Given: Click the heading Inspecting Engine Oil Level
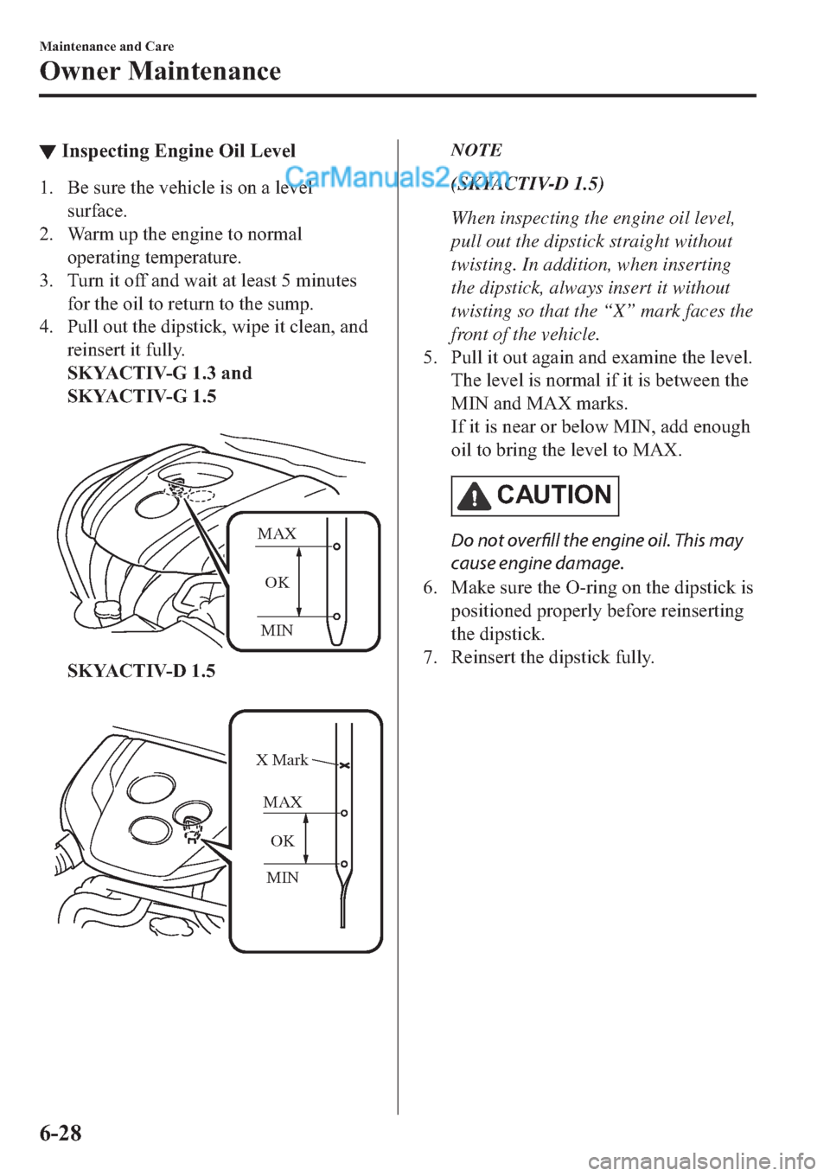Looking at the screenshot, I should [x=178, y=151].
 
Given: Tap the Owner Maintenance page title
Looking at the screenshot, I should [x=160, y=71].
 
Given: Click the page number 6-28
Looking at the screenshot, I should [x=61, y=1132].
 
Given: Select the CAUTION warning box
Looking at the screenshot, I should [x=534, y=495].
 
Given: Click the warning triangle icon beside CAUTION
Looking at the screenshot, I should [x=474, y=496].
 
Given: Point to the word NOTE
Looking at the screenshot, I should [x=476, y=150].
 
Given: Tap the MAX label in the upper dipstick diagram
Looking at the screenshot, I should [x=277, y=534].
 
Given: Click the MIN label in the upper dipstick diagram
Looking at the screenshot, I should [x=277, y=630].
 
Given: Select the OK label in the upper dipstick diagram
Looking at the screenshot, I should [x=277, y=582].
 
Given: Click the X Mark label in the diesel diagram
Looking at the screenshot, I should [x=282, y=760].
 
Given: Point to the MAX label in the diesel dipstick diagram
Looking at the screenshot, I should [x=283, y=802].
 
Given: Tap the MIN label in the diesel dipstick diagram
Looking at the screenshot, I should [x=283, y=878].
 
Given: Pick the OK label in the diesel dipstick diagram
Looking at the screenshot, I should [x=282, y=840].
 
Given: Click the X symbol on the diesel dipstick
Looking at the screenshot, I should [x=344, y=766].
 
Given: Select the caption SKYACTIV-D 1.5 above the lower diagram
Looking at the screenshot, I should [x=141, y=671].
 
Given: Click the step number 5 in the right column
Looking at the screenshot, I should [x=430, y=358].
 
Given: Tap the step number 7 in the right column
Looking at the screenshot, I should [x=430, y=657].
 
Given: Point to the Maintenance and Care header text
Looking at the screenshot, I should [x=106, y=47].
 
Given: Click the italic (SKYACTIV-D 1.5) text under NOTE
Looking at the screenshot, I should [x=527, y=183].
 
